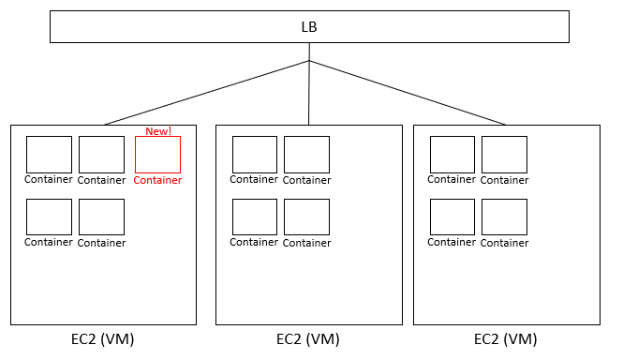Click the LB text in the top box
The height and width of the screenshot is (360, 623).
(x=309, y=26)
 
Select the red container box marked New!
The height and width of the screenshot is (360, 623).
(x=157, y=155)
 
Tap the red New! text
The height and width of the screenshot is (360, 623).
(x=158, y=131)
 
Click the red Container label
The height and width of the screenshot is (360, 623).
(x=157, y=180)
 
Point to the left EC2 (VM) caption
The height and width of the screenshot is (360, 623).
(x=103, y=338)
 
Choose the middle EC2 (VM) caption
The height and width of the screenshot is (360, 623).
(x=308, y=338)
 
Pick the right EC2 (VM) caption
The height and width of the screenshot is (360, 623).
(x=506, y=338)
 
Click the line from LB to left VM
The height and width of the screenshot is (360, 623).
(x=206, y=93)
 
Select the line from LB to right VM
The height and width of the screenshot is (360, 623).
(x=408, y=93)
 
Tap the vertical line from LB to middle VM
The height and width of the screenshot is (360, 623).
(x=309, y=94)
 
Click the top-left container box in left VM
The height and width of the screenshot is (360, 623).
(x=49, y=155)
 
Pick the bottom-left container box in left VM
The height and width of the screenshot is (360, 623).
(x=49, y=217)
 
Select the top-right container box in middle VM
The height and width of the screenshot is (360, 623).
(x=306, y=155)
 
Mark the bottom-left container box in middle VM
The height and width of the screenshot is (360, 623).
(x=254, y=217)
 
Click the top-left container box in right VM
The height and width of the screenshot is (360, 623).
(x=452, y=155)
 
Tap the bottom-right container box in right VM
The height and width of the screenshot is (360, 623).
(x=504, y=217)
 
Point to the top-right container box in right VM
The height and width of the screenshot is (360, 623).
(x=504, y=155)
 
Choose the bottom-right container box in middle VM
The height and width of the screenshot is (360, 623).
(x=306, y=217)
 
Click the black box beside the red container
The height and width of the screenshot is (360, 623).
(x=101, y=155)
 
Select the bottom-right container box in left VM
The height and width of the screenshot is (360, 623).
(x=101, y=217)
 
